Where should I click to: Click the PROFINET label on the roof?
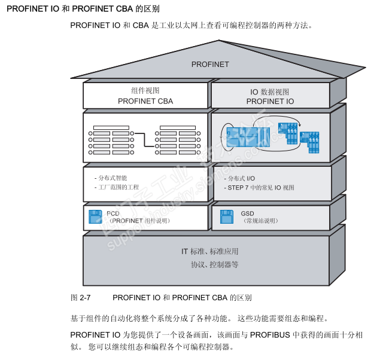click(210, 65)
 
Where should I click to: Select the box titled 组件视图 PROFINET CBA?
click(145, 96)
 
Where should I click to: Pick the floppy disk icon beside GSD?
click(227, 216)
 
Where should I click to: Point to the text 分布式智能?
click(113, 178)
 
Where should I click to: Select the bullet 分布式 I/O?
click(241, 178)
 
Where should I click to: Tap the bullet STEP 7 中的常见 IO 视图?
click(260, 187)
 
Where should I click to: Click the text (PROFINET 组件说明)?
click(139, 221)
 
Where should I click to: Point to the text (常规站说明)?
click(260, 221)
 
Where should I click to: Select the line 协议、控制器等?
click(214, 264)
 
